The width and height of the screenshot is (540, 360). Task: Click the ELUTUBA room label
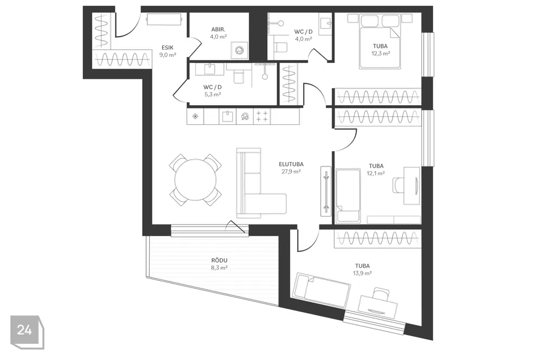coord(291,164)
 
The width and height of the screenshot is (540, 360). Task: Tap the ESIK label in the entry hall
coord(168,48)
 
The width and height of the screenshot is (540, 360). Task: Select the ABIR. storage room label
coord(218,30)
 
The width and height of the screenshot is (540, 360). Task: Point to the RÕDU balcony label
coord(219,260)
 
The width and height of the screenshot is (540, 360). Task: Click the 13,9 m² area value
coord(362,273)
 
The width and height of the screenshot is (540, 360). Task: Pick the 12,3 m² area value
coord(380,53)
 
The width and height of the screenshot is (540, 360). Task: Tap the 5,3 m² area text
coord(213,94)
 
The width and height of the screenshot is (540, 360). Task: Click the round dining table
coord(195,180)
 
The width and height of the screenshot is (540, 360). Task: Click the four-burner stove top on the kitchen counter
coord(262,116)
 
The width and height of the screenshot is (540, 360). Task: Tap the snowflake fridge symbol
coord(195,116)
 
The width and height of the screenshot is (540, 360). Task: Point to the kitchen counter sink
coord(228,116)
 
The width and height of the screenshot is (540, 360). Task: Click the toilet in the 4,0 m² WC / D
coord(281,48)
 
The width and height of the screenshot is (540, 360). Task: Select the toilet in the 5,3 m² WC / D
coord(238,76)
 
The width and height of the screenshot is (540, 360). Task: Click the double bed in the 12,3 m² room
coord(380,41)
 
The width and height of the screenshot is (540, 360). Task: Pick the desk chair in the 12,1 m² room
coord(398,185)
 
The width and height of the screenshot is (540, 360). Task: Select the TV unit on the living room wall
coord(326,191)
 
